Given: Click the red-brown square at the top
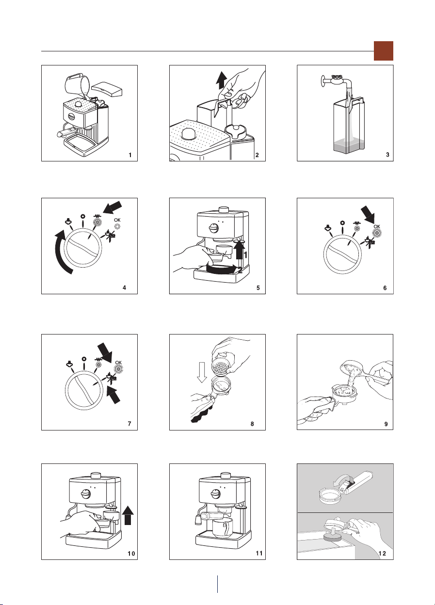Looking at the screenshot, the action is click(384, 51).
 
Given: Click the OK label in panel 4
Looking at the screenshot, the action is click(117, 220).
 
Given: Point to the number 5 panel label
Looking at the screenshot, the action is click(258, 288).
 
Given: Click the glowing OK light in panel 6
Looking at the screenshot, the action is click(377, 232).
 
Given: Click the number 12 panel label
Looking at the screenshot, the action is click(382, 554).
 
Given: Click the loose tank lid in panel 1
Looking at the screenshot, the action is click(107, 89).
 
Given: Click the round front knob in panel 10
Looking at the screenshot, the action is click(86, 494).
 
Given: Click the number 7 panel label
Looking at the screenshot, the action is click(129, 424).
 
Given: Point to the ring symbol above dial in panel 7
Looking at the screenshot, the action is click(84, 359).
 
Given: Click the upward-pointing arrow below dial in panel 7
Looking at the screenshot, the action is click(113, 395).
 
